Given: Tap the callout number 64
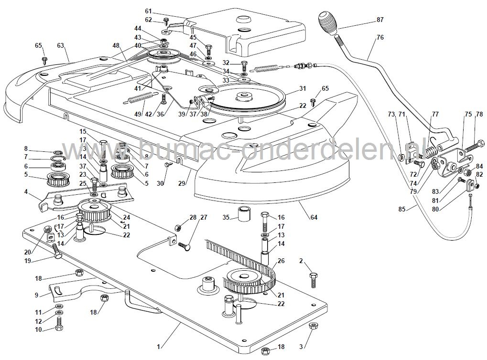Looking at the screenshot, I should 314,218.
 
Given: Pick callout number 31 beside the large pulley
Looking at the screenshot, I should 303,88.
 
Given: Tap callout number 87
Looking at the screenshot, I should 380,20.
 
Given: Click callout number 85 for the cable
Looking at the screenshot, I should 403,209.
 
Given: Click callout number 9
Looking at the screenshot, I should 37,295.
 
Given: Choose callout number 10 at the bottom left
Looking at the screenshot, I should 38,329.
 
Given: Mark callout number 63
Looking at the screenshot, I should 60,45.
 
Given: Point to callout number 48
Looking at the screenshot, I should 116,45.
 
